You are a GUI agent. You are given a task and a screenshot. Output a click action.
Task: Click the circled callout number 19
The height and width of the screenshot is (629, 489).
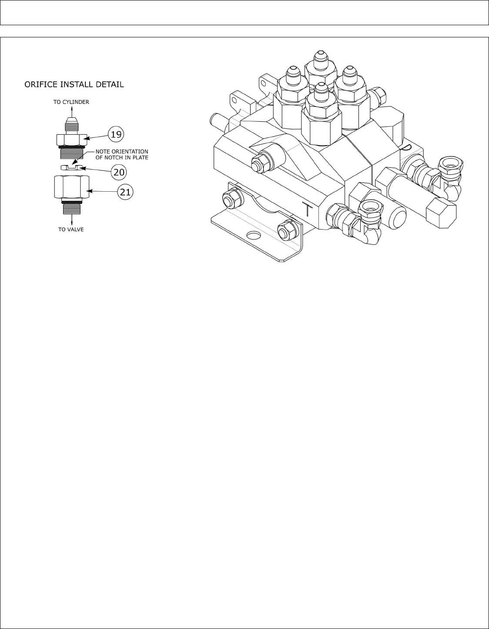tap(116, 135)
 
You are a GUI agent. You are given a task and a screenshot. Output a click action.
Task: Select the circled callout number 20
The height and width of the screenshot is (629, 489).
tap(119, 172)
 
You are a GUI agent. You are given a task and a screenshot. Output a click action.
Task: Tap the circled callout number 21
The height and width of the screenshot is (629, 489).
tap(125, 192)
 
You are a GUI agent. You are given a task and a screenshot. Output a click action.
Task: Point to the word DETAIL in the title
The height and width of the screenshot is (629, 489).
tap(110, 84)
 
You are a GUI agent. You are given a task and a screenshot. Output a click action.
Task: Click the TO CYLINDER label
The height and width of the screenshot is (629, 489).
tap(71, 102)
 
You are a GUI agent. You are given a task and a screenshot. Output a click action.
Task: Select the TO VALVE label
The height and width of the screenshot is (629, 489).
tap(71, 229)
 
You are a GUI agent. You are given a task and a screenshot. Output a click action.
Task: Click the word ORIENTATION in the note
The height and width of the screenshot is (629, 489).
tap(129, 152)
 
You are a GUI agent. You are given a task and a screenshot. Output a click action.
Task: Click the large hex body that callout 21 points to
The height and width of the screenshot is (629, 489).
tap(71, 187)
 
